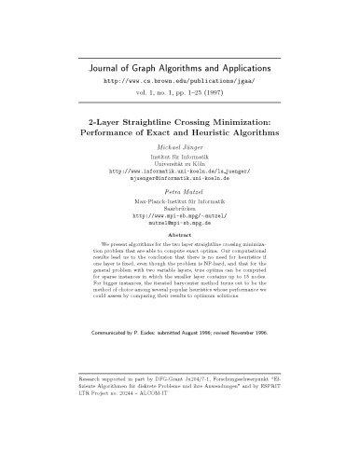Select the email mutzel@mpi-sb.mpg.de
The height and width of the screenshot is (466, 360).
[x=179, y=225]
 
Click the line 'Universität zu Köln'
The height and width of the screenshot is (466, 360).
[x=179, y=164]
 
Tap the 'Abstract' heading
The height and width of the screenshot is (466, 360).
[x=179, y=236]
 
